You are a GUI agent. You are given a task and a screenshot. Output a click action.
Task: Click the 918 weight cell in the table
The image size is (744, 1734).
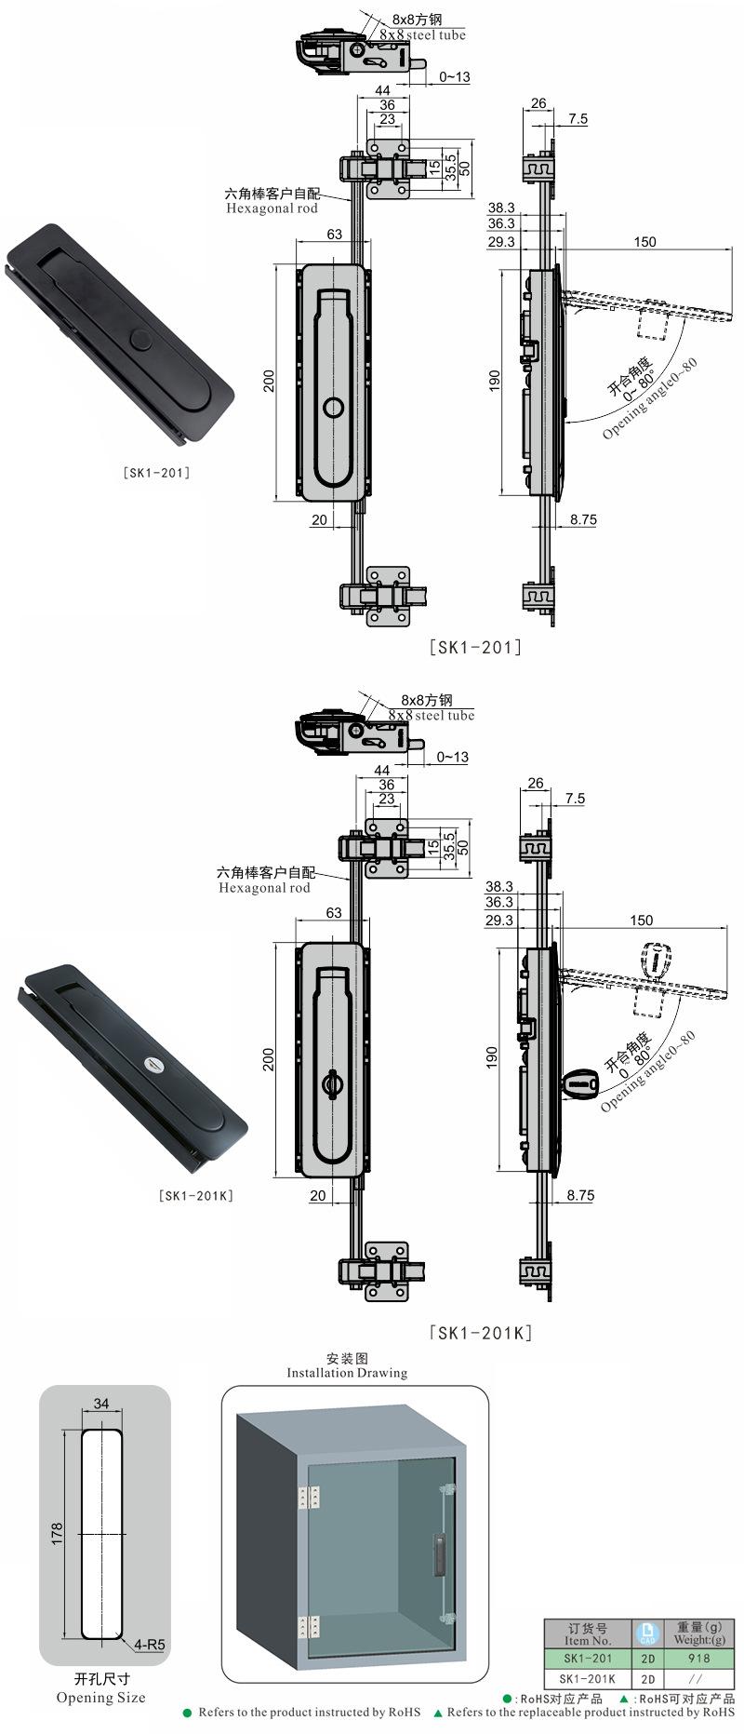pyautogui.click(x=699, y=1658)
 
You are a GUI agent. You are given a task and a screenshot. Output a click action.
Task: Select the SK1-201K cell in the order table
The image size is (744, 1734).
pyautogui.click(x=588, y=1678)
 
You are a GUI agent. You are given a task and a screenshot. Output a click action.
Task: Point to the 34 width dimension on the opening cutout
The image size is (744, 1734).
pyautogui.click(x=101, y=1403)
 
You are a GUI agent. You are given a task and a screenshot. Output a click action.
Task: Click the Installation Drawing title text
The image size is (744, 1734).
pyautogui.click(x=347, y=1372)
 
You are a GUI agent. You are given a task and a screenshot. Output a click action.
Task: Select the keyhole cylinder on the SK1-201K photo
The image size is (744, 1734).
pyautogui.click(x=151, y=1064)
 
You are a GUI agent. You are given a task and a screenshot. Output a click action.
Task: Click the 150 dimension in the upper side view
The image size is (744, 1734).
pyautogui.click(x=644, y=241)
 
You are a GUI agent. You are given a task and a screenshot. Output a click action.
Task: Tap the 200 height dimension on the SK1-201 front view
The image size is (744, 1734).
pyautogui.click(x=269, y=381)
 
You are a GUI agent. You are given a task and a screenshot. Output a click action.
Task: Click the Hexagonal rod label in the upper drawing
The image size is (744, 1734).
pyautogui.click(x=272, y=208)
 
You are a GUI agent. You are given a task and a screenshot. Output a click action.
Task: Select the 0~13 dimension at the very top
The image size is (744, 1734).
pyautogui.click(x=454, y=77)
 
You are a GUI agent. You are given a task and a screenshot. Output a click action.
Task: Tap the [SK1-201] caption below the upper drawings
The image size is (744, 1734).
pyautogui.click(x=474, y=647)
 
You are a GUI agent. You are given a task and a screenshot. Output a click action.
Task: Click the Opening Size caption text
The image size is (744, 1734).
pyautogui.click(x=100, y=1697)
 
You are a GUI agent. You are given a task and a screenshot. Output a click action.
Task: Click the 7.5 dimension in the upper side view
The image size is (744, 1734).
pyautogui.click(x=577, y=118)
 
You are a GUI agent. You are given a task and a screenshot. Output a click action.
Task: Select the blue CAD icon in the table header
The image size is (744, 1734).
pyautogui.click(x=647, y=1633)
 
